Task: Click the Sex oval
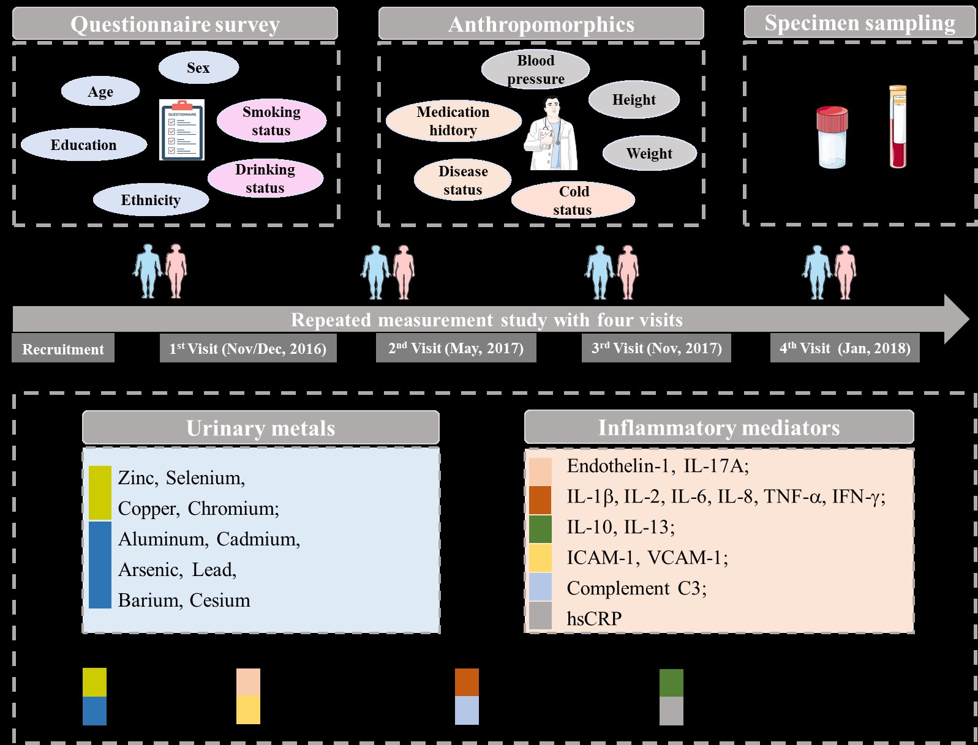tap(198, 67)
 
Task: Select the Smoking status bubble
tap(271, 121)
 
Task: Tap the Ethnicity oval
tap(151, 200)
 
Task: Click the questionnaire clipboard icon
tap(182, 130)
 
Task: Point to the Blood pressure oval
tap(535, 69)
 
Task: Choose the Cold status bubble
tap(573, 200)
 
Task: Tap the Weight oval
tap(649, 153)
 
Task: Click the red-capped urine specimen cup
tap(832, 137)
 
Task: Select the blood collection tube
tap(898, 127)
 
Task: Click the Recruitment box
tap(63, 349)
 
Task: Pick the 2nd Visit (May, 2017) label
tap(456, 348)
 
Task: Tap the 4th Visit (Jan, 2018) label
tap(844, 348)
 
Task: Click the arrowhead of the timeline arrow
tap(955, 319)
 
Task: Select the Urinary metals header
tap(261, 427)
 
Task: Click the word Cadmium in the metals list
tap(258, 539)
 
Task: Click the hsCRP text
tap(594, 618)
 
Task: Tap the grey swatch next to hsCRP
tap(540, 616)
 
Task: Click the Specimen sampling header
tap(859, 23)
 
